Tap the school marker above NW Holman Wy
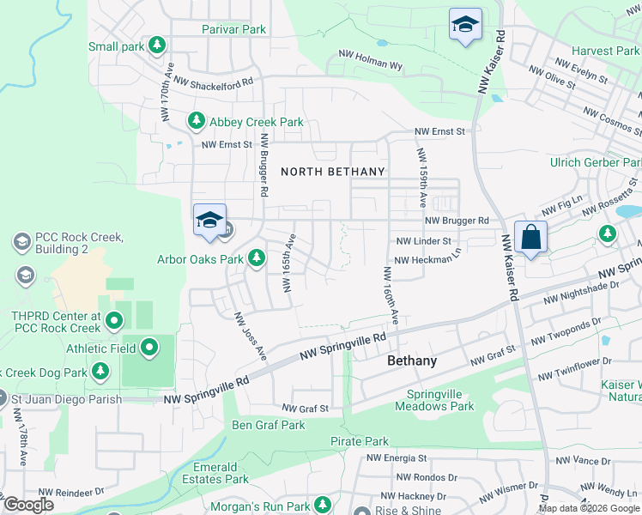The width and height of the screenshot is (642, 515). [x=465, y=26]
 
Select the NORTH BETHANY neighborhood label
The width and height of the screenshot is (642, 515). [x=333, y=172]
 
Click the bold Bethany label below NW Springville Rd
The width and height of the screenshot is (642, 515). [x=412, y=360]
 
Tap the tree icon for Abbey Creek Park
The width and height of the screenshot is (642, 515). [x=197, y=122]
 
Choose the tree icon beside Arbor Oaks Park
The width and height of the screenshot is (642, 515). [x=256, y=258]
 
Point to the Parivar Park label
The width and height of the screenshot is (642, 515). [x=234, y=29]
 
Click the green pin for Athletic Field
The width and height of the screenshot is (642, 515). [x=149, y=348]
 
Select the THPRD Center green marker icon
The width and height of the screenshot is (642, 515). [x=115, y=322]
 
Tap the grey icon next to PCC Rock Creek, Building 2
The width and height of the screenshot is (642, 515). [x=21, y=243]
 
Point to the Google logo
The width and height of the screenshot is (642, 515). [x=28, y=504]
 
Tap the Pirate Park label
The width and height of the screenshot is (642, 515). [x=360, y=441]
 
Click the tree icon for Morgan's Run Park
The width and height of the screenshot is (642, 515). [x=323, y=504]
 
